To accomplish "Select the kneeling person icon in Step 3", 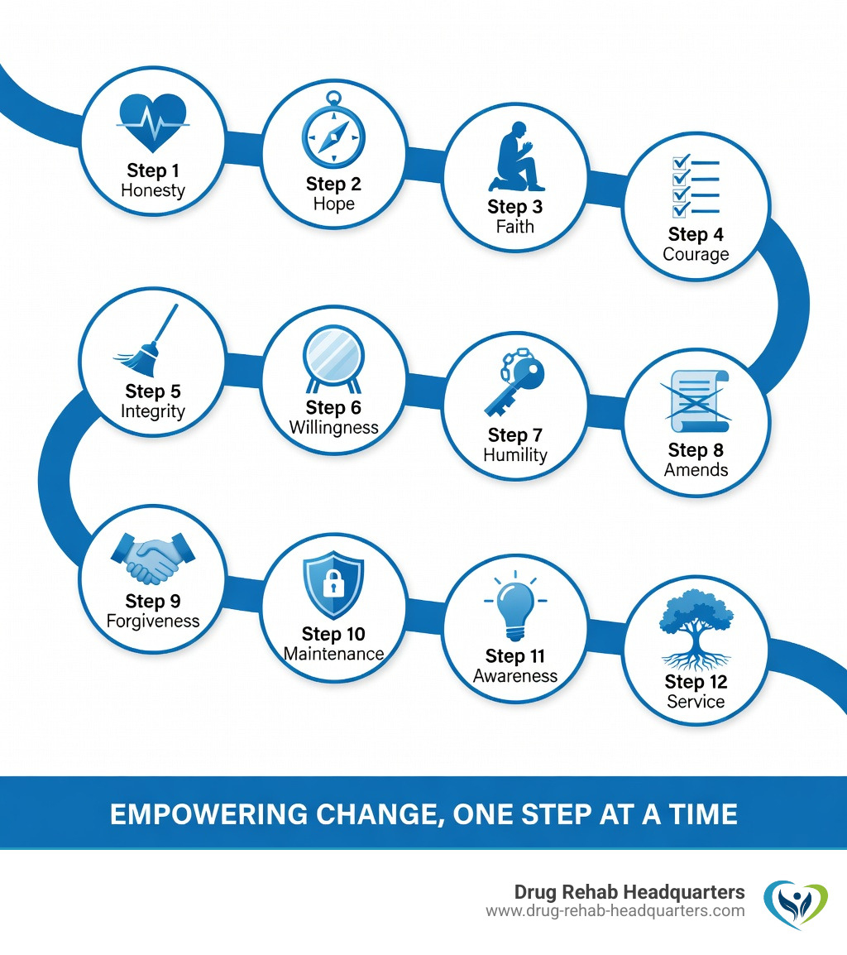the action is pos(516,156).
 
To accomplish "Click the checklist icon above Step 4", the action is pos(696,185).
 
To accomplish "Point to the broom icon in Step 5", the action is pos(146,340).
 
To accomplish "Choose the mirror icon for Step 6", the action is pos(333,359).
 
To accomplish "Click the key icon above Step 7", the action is pos(514,382).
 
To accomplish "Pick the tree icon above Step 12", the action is pos(696,630).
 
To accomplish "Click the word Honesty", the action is pos(153,190).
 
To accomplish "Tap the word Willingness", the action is pos(333,428).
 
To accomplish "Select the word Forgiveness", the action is pos(153,621).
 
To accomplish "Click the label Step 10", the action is pos(333,634).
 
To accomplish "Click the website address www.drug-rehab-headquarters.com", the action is pos(615,911).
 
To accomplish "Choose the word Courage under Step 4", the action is pos(696,255).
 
